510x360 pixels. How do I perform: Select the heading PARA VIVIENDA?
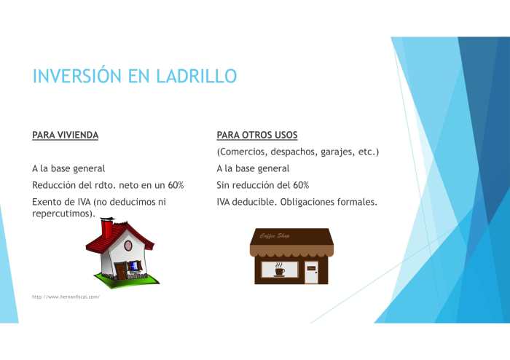click(x=66, y=136)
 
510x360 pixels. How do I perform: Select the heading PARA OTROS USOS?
click(x=257, y=136)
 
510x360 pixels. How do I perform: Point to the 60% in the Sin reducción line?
click(x=299, y=185)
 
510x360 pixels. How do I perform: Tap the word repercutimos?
click(x=62, y=214)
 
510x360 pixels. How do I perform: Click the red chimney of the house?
click(x=107, y=228)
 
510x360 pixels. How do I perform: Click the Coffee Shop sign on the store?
click(x=275, y=235)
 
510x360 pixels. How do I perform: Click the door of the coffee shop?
click(x=311, y=272)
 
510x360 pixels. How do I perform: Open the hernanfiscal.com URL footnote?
click(x=66, y=297)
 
